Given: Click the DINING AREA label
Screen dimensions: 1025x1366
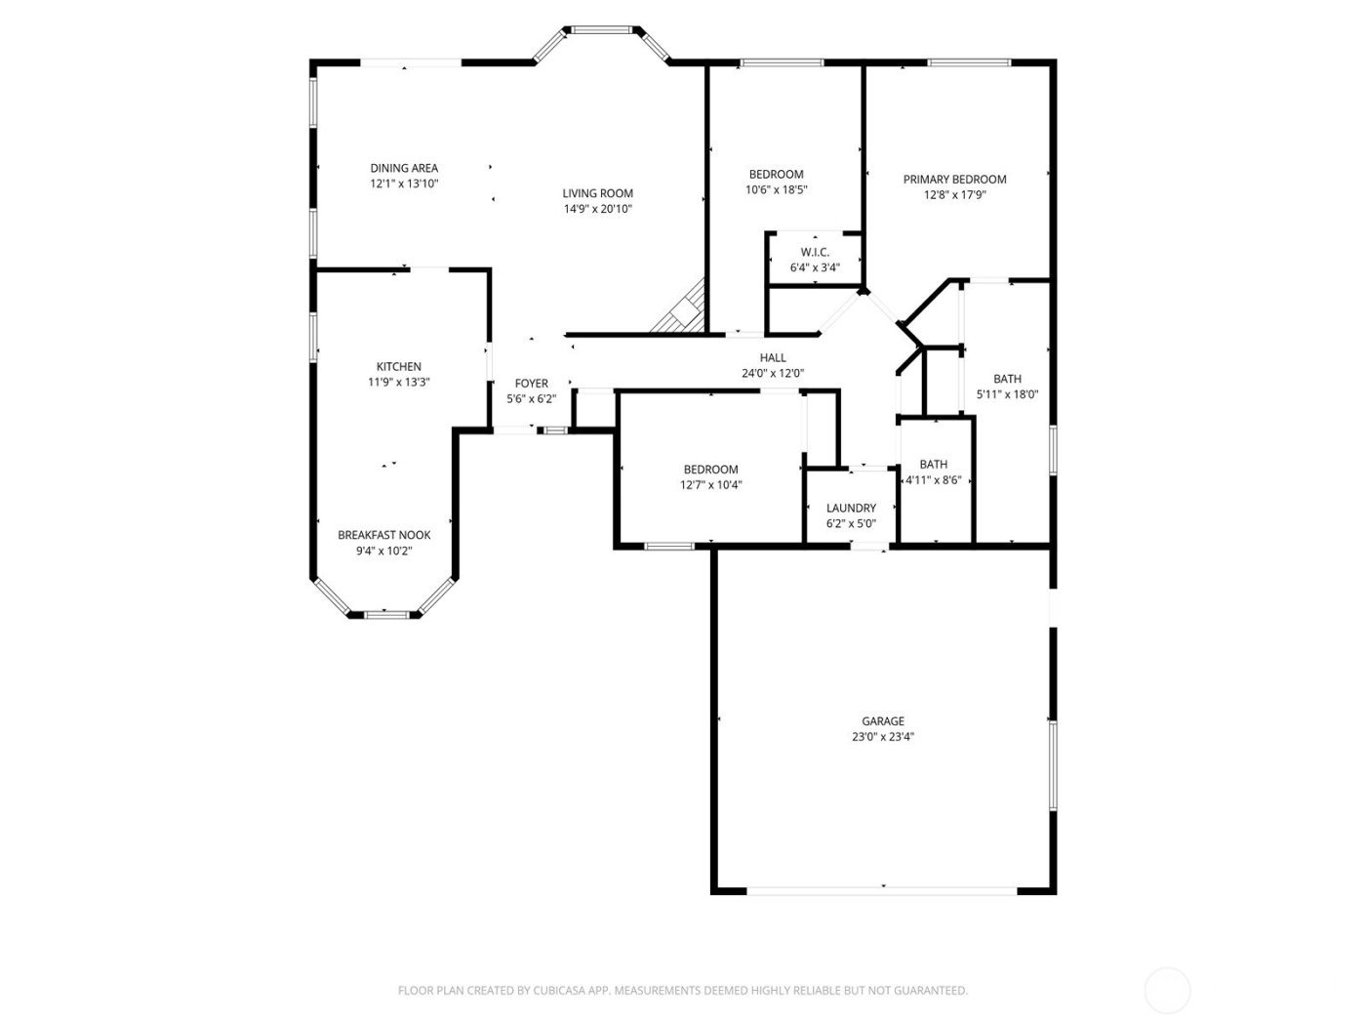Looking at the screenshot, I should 403,168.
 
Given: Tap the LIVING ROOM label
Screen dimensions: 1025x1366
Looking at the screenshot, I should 597,193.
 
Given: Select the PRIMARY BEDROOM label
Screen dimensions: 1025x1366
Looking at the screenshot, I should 954,179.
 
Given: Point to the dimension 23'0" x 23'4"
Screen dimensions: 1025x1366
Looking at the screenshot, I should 882,737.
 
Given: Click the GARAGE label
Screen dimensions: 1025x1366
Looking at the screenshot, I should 882,721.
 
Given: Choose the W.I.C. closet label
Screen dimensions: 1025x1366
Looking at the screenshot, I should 815,252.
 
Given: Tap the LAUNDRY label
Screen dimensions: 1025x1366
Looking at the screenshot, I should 851,508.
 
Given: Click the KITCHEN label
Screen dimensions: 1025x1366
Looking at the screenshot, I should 399,367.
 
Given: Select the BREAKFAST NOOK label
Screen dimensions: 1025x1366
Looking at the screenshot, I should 383,535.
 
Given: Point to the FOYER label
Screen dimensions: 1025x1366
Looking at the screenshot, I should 532,384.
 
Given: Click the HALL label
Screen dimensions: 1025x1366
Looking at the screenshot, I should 773,357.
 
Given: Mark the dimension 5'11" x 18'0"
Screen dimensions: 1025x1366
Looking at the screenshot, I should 1007,394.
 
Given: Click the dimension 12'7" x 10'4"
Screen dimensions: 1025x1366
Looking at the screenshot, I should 710,485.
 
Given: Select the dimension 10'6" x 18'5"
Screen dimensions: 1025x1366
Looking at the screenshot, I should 776,190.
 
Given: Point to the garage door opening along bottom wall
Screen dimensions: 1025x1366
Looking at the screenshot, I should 882,889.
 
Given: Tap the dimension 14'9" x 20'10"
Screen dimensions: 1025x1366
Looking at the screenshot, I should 597,209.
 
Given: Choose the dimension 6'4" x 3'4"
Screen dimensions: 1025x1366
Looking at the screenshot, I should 815,266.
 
